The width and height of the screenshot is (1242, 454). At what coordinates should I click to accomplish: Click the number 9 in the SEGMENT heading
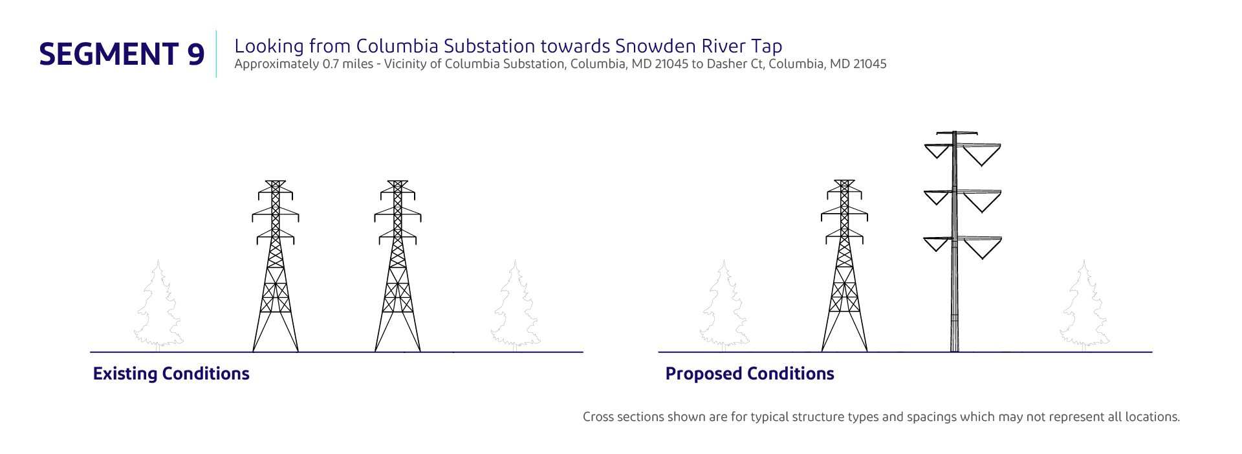[x=196, y=54]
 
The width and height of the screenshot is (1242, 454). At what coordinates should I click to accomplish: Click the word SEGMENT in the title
[x=109, y=54]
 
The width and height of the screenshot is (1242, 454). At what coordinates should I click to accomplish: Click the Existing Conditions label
[x=171, y=374]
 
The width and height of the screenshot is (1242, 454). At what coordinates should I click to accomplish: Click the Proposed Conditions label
[x=750, y=374]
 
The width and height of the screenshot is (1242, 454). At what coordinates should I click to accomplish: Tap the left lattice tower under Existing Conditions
[x=276, y=266]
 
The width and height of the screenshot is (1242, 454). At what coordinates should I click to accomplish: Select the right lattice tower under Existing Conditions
[x=398, y=266]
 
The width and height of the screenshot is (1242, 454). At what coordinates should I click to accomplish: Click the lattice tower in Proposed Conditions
[x=844, y=266]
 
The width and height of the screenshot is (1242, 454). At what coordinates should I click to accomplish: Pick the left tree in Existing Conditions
[x=158, y=306]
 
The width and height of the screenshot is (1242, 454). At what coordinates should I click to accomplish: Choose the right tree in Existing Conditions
[x=516, y=306]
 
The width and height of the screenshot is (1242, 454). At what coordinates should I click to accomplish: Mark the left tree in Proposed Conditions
[x=724, y=306]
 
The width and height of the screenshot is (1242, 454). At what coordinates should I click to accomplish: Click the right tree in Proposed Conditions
[x=1085, y=306]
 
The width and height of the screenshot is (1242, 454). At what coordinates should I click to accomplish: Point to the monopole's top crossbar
[x=955, y=133]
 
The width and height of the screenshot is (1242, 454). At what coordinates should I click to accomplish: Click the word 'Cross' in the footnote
[x=598, y=416]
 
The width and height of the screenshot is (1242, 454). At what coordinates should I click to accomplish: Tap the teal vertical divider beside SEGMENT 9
[x=216, y=54]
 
